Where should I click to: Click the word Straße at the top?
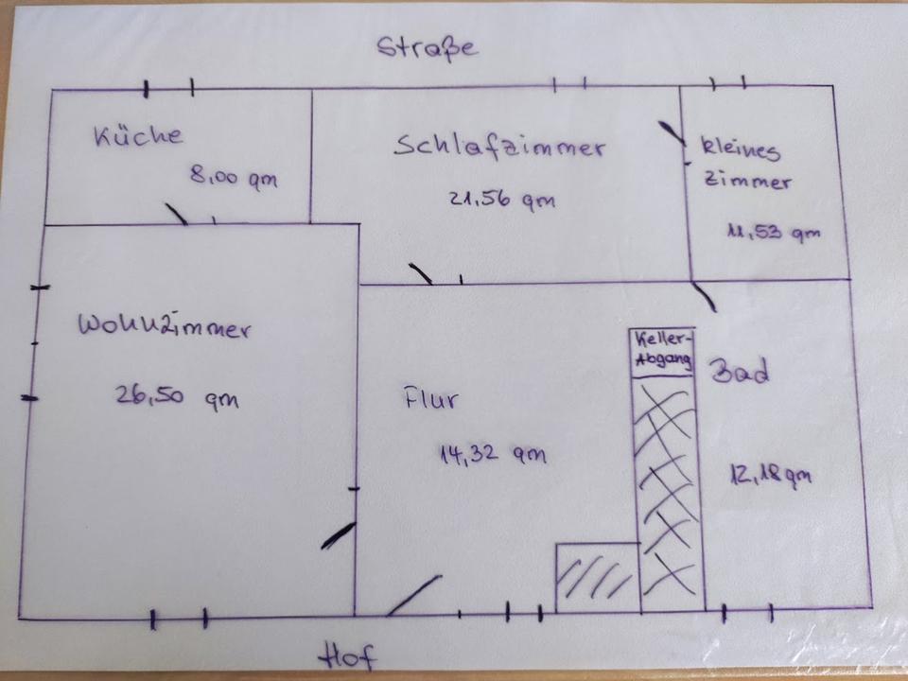pos(428,48)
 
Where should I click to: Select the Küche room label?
pos(138,135)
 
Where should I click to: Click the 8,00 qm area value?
pos(234,177)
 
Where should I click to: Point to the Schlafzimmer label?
pos(499,148)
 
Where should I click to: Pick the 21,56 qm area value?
pos(501,200)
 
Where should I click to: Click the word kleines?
pos(741,148)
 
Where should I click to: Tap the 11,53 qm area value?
pos(773,232)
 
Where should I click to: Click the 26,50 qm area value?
pos(177,396)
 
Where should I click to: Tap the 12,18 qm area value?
pos(770,474)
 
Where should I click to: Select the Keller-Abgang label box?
pos(663,352)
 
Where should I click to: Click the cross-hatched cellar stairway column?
pos(670,492)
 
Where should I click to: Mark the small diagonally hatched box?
pos(597,577)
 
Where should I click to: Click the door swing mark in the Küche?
pos(176,214)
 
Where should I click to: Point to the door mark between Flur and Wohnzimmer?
pos(338,535)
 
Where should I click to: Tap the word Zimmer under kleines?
pos(747,182)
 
